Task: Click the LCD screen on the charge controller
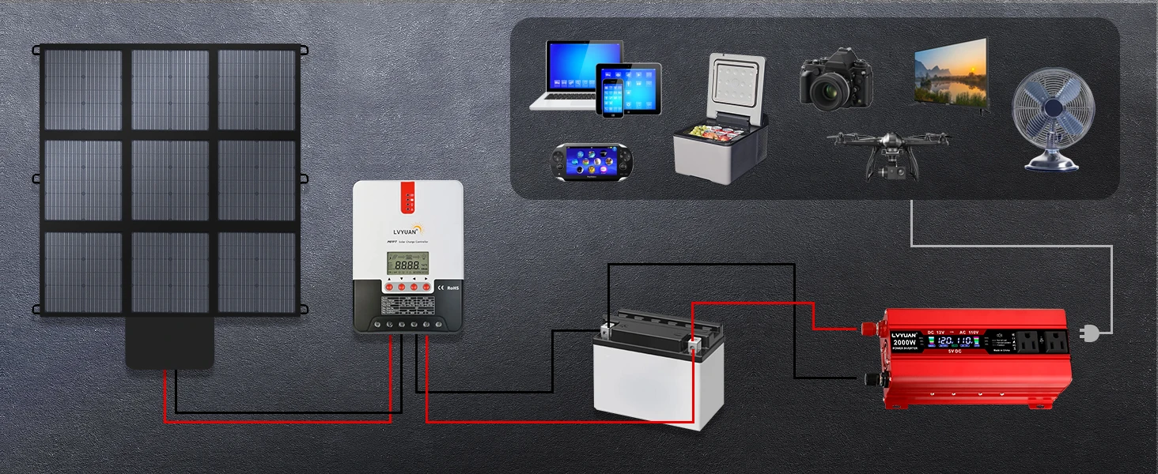coord(406,264)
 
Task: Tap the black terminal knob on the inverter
coord(871,380)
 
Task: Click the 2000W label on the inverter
coord(904,342)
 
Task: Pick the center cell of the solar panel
coord(169,180)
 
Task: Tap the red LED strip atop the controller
coord(407,197)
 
